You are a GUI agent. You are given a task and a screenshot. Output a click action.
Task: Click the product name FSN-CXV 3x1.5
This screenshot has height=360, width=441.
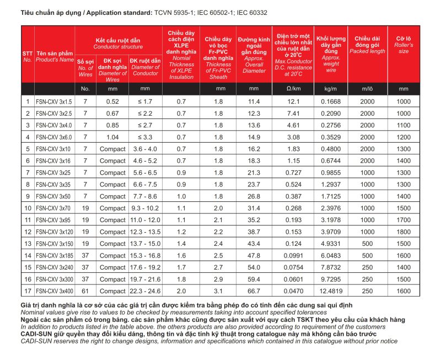pos(53,101)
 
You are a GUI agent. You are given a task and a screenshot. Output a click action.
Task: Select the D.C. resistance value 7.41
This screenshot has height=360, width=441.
pos(293,114)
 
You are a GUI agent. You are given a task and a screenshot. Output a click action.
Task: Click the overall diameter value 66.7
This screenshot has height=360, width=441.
pos(254,291)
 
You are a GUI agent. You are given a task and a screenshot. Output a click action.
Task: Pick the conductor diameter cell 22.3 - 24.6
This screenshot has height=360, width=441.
pos(146,291)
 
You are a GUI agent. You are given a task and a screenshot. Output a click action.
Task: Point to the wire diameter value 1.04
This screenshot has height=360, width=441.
pos(112,137)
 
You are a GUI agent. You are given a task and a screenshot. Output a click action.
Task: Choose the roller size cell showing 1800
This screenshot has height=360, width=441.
pos(404,232)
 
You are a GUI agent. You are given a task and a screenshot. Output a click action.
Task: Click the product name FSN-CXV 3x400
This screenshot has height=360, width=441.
pos(54,291)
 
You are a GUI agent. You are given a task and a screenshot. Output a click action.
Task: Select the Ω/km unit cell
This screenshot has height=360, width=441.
pos(293,89)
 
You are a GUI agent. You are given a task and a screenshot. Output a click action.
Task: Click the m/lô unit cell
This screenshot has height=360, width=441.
pos(367,89)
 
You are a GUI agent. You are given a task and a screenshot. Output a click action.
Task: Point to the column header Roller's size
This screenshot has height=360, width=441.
pos(404,48)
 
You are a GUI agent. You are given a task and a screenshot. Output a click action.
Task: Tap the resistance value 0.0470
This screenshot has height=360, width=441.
pos(293,291)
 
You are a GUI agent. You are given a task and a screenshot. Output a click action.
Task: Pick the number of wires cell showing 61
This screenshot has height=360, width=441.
pos(85,291)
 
